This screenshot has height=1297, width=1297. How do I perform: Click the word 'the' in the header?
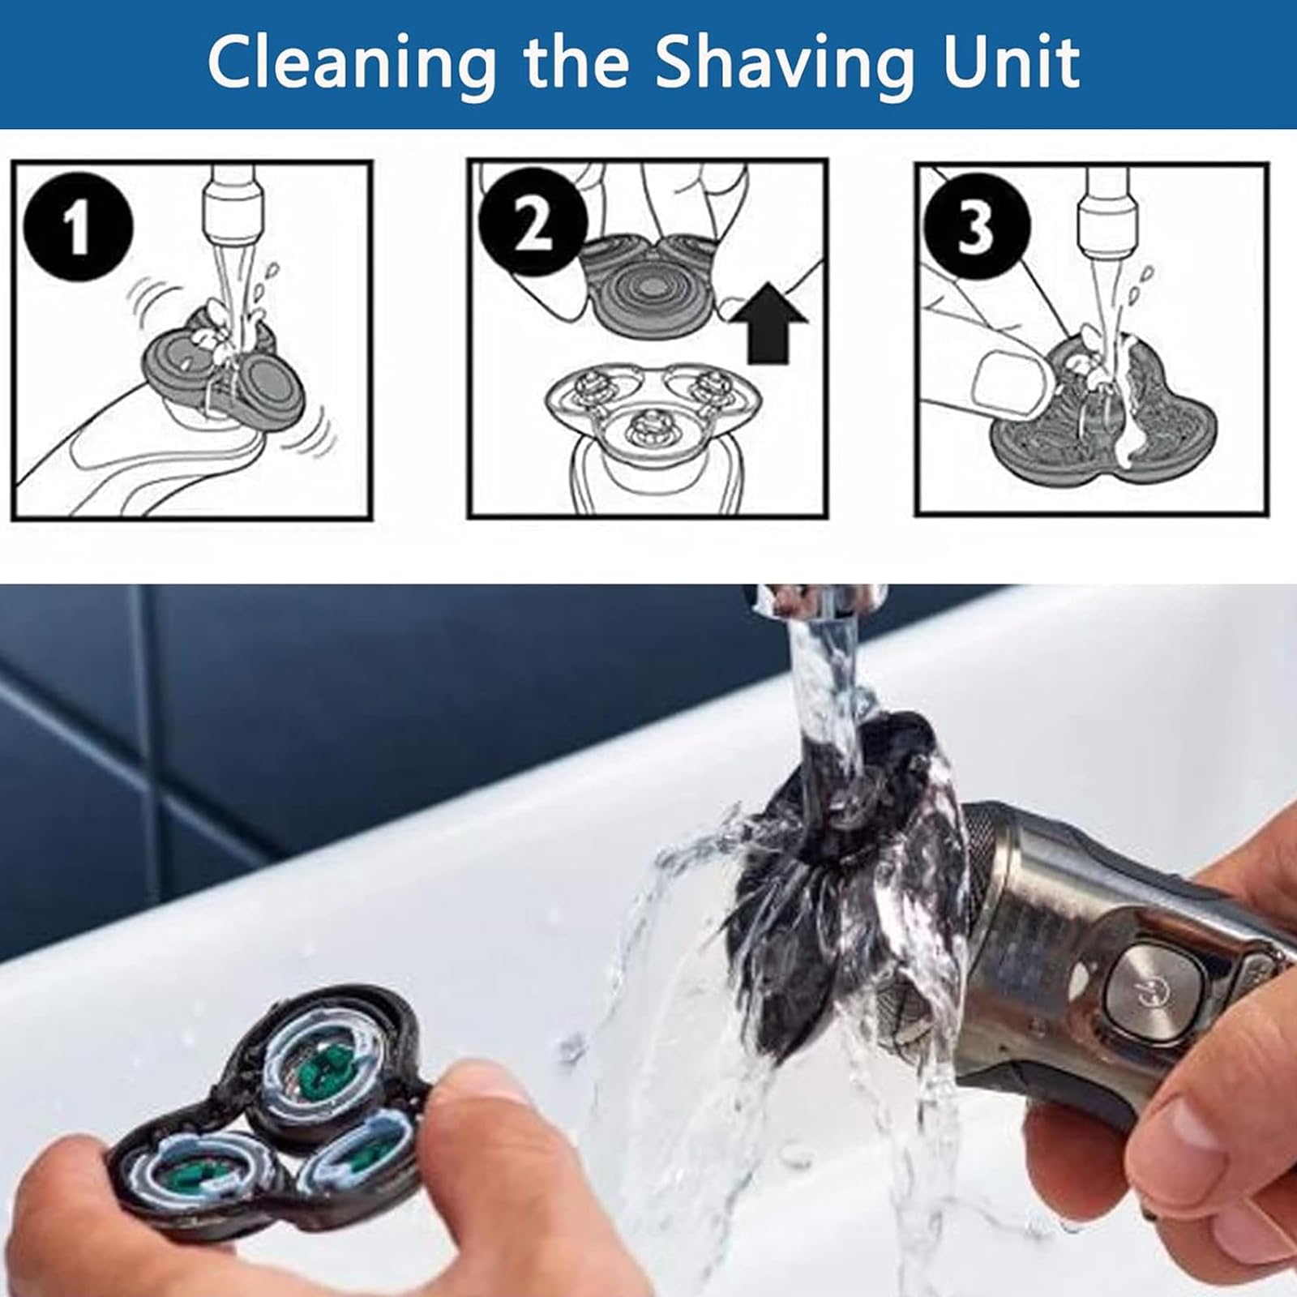575,62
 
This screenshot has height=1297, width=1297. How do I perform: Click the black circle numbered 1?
78,228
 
